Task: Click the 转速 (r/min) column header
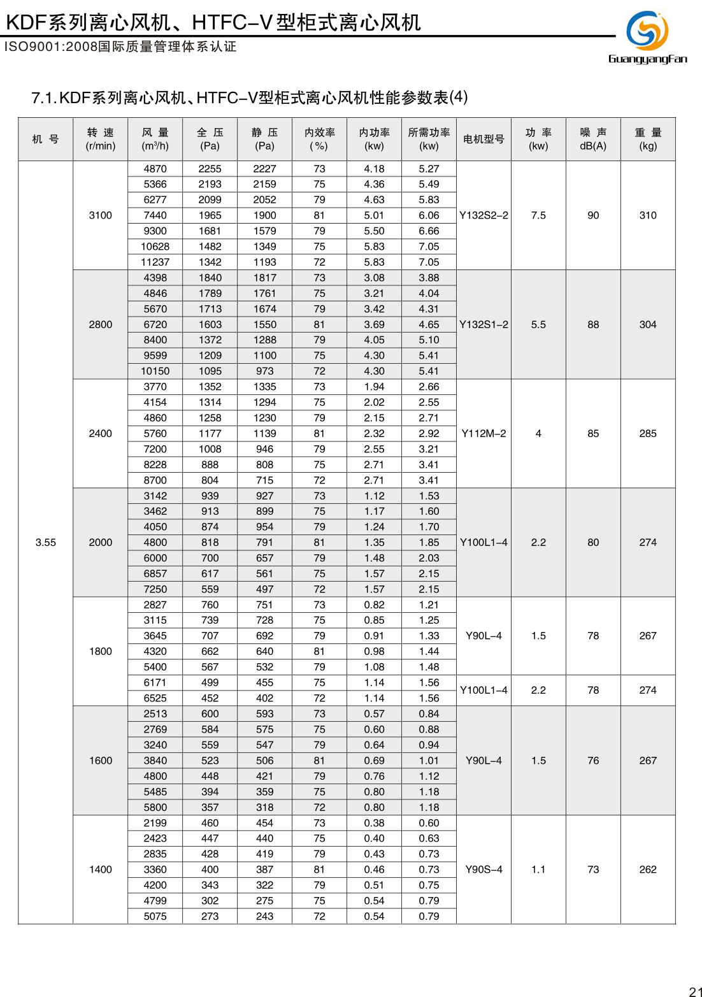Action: coord(101,139)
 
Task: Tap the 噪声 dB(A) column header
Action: coord(593,139)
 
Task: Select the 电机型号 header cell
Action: coord(484,139)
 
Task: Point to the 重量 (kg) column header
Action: coord(648,139)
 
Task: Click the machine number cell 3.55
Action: coord(46,542)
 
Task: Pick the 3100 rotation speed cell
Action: coord(101,215)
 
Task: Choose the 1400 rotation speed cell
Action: coord(101,870)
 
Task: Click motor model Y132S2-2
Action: coord(484,215)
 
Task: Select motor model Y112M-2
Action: coord(484,433)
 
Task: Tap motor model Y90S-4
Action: coord(484,870)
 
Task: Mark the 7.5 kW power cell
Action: coord(538,215)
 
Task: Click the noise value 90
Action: coord(593,215)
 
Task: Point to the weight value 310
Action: coord(648,215)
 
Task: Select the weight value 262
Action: coord(648,870)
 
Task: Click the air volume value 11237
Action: coord(155,262)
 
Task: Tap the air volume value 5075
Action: coord(155,916)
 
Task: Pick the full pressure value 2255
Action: coord(210,169)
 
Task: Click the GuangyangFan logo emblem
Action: coord(647,30)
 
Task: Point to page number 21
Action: coord(695,991)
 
